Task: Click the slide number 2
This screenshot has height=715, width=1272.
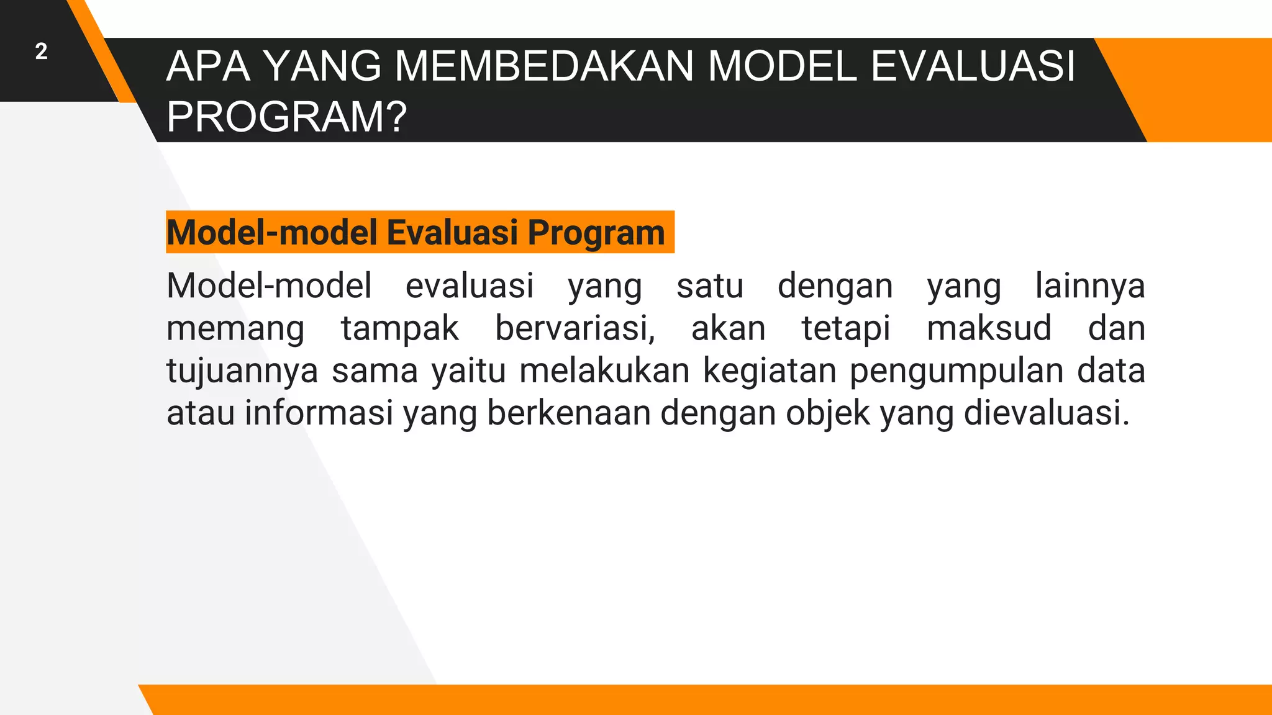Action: tap(41, 52)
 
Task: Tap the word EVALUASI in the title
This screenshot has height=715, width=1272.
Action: tap(973, 66)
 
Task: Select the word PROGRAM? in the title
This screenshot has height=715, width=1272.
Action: tap(286, 117)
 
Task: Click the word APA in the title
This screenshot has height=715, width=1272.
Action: tap(209, 66)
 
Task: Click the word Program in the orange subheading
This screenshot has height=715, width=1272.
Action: tap(596, 233)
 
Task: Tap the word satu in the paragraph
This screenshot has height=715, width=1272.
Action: tap(709, 286)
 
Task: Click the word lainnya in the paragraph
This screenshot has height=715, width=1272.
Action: tap(1089, 286)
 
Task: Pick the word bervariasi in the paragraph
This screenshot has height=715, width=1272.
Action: tap(574, 328)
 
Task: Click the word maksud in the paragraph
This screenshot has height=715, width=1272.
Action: tap(989, 328)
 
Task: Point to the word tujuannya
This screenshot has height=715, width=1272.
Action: tap(242, 371)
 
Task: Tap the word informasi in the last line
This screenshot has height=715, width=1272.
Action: tap(319, 413)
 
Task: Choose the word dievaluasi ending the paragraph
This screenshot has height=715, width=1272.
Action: tap(1046, 413)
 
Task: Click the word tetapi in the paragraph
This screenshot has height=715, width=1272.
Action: tap(845, 328)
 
